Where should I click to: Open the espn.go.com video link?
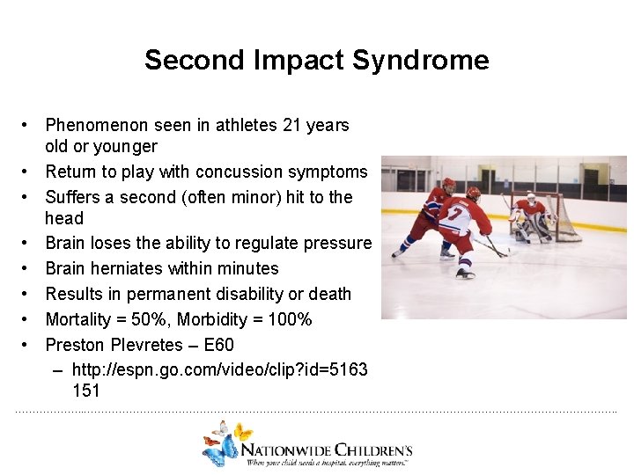coord(219,370)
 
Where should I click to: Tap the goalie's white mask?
coord(531,199)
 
